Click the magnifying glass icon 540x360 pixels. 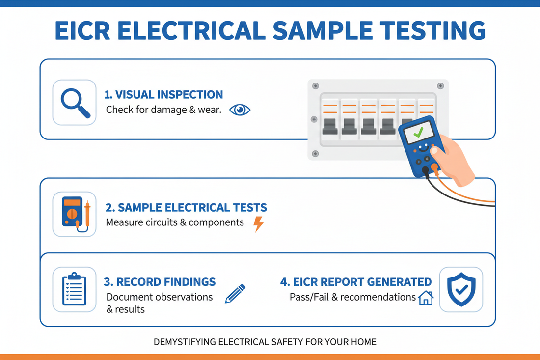[75, 102]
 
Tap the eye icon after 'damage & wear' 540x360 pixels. [240, 110]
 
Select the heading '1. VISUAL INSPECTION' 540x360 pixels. [164, 94]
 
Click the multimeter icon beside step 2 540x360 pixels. [75, 214]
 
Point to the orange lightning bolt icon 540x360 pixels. [258, 223]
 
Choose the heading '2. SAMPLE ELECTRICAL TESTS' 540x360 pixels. [187, 207]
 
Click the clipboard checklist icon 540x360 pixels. [75, 289]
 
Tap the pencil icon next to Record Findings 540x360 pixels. [235, 293]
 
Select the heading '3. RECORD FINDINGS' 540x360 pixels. [160, 282]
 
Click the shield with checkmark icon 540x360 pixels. [461, 289]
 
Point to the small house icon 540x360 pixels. [425, 298]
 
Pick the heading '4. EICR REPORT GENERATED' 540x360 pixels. [355, 282]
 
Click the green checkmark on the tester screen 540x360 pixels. [418, 132]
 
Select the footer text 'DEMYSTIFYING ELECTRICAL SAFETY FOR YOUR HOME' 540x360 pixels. [265, 341]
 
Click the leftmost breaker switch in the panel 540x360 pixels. [329, 126]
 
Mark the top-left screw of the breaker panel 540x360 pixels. [315, 85]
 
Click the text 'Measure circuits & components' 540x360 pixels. [175, 222]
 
